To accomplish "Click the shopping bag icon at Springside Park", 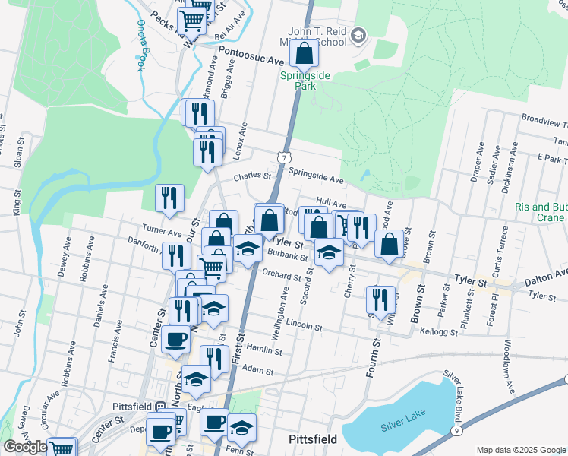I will [304, 55].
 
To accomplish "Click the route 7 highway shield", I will [282, 157].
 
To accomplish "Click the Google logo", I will [25, 447].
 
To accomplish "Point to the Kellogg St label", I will [439, 332].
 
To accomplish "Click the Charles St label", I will [252, 176].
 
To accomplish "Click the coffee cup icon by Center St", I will [175, 339].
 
